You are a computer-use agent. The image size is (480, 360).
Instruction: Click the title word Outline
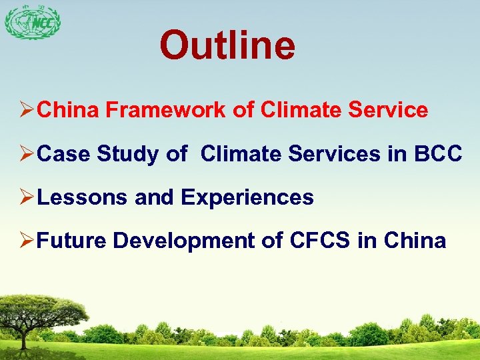227,45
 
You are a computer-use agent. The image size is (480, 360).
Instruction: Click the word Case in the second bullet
64,154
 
